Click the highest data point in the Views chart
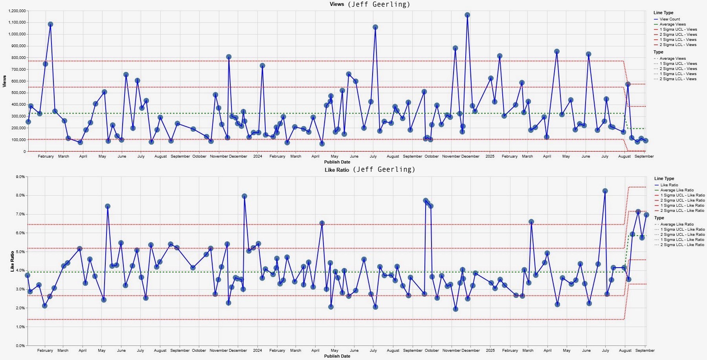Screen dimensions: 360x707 click(467, 15)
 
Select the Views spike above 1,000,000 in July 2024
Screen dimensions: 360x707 click(375, 27)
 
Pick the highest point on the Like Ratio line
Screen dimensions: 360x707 click(605, 191)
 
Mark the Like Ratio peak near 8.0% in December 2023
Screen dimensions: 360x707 click(244, 196)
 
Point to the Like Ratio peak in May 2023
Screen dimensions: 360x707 click(108, 206)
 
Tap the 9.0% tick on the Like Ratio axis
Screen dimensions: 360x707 click(20, 177)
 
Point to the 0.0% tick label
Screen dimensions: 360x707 click(20, 345)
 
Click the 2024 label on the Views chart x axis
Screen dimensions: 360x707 click(257, 156)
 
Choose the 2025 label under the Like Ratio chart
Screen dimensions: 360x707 click(490, 351)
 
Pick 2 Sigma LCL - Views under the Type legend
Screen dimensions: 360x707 click(678, 79)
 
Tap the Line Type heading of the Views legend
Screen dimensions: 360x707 click(663, 13)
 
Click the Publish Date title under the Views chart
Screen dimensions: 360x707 click(337, 162)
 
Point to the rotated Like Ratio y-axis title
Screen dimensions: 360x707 click(12, 261)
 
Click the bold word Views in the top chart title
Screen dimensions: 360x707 click(337, 4)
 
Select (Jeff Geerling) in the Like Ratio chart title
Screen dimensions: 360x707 click(384, 170)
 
